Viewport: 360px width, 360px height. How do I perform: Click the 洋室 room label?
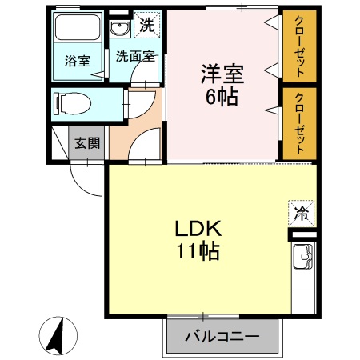click(222, 74)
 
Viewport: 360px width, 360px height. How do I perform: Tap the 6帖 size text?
click(222, 98)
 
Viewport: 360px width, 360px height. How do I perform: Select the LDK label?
click(198, 229)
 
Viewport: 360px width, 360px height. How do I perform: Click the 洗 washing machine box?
click(146, 25)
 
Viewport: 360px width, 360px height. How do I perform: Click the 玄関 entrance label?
click(88, 144)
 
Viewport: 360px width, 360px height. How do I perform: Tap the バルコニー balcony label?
click(222, 337)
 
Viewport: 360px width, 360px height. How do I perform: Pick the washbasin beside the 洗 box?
click(121, 30)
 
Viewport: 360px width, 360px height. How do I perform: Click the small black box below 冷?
click(302, 235)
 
